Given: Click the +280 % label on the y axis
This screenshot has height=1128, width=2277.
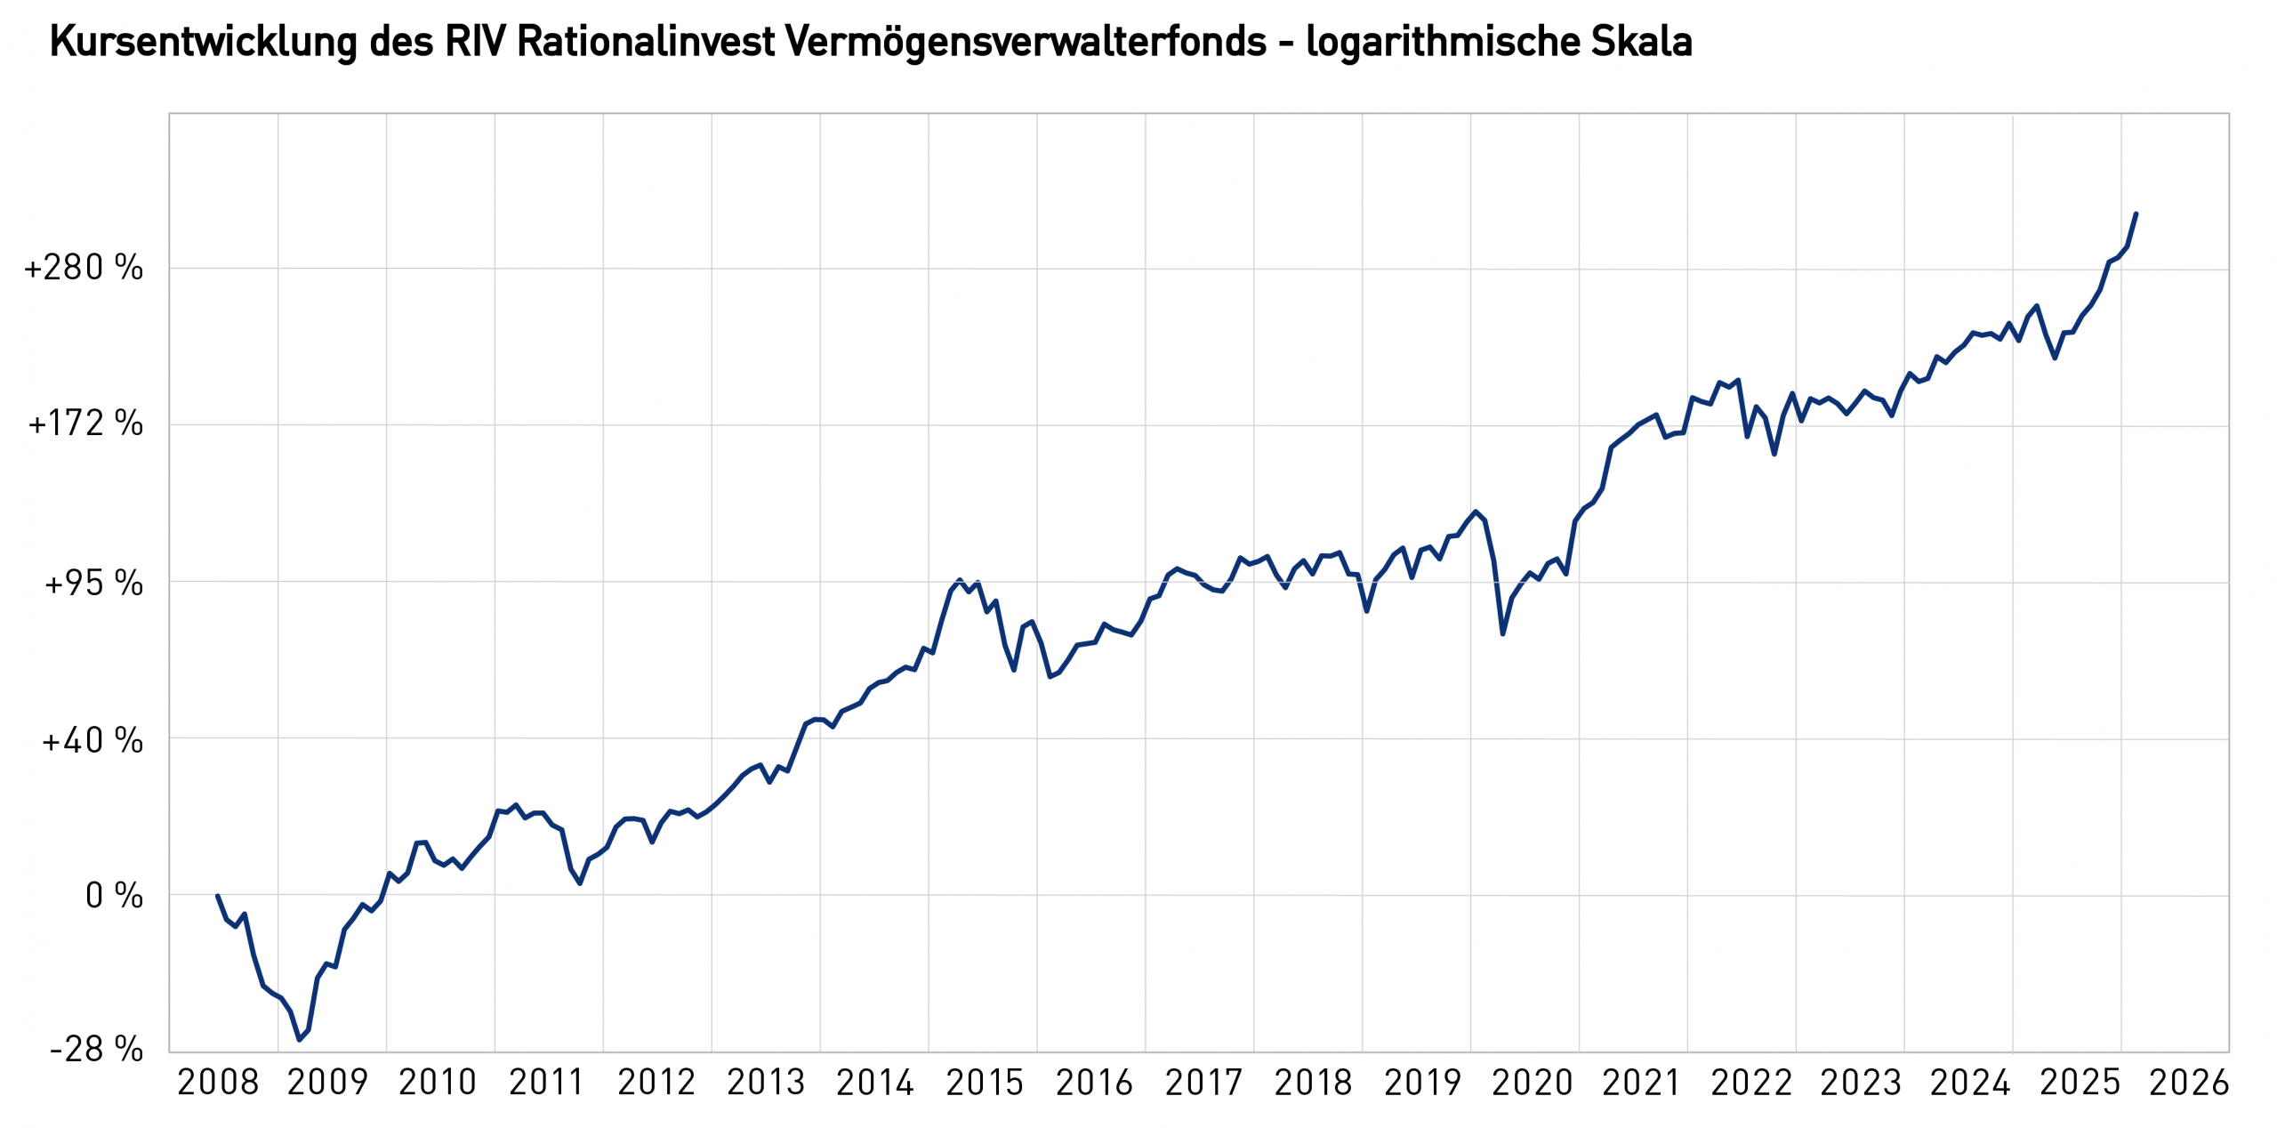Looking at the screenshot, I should pyautogui.click(x=84, y=267).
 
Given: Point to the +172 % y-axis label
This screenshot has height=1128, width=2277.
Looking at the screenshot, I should pyautogui.click(x=85, y=423).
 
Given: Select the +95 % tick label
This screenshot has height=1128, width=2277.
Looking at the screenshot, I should pyautogui.click(x=93, y=584).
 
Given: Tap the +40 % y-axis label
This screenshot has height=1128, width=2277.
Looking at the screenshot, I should pyautogui.click(x=92, y=740).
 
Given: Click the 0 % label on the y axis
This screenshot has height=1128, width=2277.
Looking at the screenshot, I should pyautogui.click(x=114, y=896).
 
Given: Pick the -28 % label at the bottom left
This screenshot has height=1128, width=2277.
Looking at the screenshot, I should pyautogui.click(x=96, y=1050).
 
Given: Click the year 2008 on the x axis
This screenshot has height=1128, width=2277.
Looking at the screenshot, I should pyautogui.click(x=218, y=1083).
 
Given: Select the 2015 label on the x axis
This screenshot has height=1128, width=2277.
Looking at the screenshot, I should pyautogui.click(x=985, y=1083).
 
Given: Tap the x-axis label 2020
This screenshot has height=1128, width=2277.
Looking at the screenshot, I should pyautogui.click(x=1532, y=1083).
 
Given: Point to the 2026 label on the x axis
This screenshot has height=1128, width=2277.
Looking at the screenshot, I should pyautogui.click(x=2189, y=1083).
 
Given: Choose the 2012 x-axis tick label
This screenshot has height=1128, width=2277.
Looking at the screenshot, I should pyautogui.click(x=656, y=1083).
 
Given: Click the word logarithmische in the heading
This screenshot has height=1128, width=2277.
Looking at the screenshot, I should pyautogui.click(x=1442, y=42).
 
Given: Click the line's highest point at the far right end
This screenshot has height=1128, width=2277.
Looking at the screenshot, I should pyautogui.click(x=2136, y=214).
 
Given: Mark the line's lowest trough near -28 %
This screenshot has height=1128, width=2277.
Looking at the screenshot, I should pyautogui.click(x=300, y=1039).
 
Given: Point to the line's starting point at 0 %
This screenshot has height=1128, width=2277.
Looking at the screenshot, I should pyautogui.click(x=218, y=896).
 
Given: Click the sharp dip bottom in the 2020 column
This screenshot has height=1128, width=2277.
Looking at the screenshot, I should pyautogui.click(x=1502, y=633).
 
